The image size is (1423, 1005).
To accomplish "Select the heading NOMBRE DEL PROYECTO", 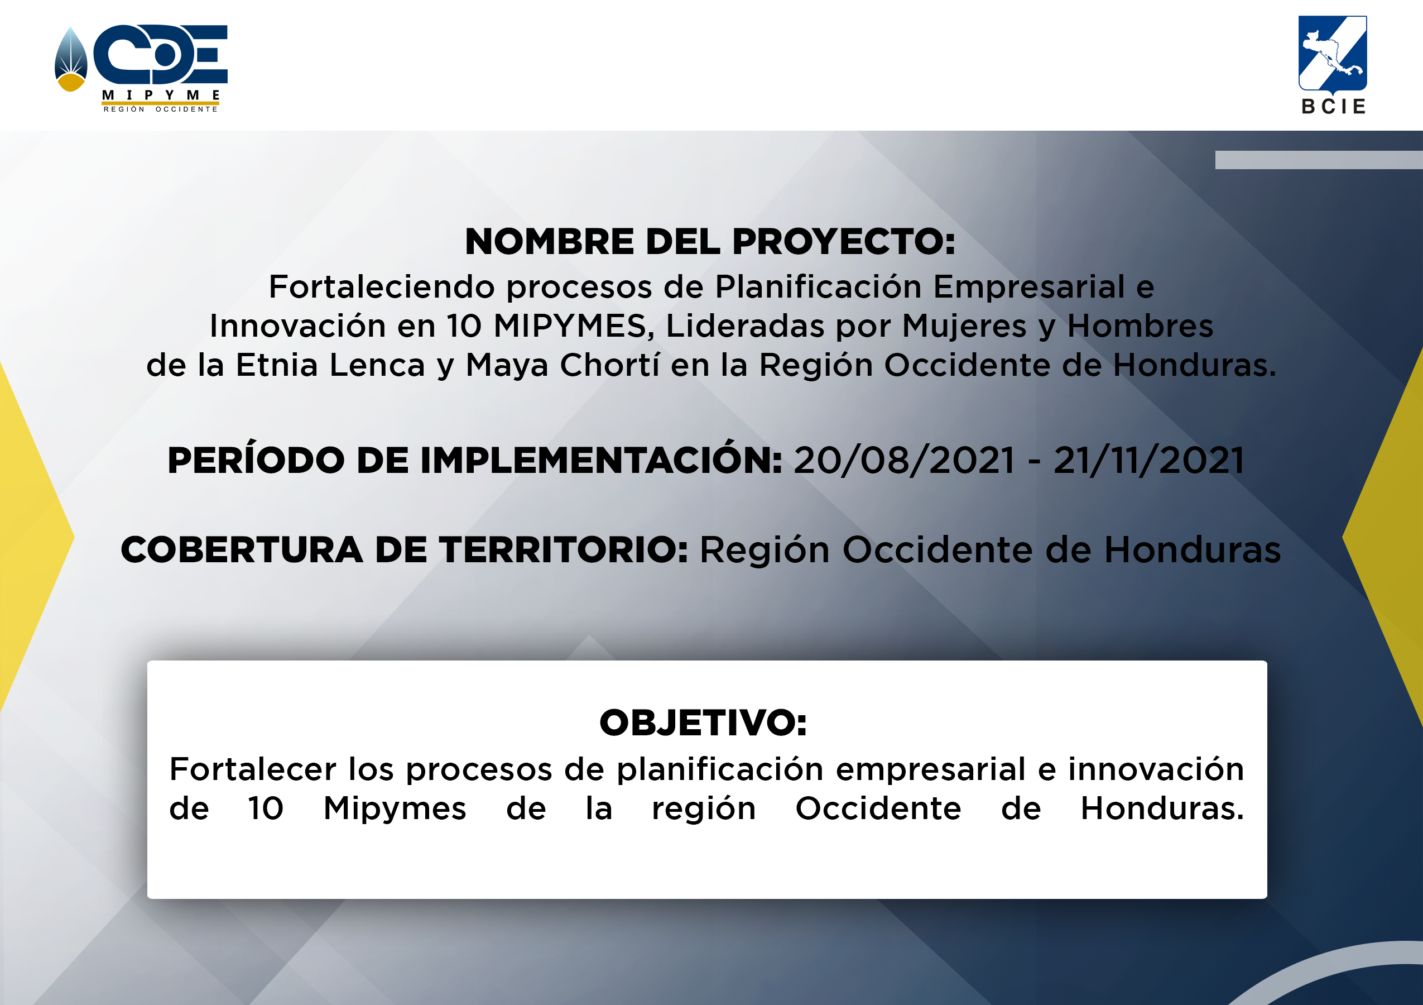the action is click(710, 241).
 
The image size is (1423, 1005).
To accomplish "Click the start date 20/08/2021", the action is click(904, 461).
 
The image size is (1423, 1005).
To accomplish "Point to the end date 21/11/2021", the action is click(1149, 461).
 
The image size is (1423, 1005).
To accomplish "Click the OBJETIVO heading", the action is click(704, 723).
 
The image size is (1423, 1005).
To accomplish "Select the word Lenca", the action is click(377, 365).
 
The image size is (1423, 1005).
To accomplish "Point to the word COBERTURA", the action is click(242, 550).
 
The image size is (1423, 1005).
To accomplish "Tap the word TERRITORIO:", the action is click(564, 550).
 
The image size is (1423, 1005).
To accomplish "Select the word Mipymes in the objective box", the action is click(395, 810).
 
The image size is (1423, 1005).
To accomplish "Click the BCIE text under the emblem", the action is click(1334, 107).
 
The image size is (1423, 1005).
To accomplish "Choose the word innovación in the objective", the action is click(1156, 769).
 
